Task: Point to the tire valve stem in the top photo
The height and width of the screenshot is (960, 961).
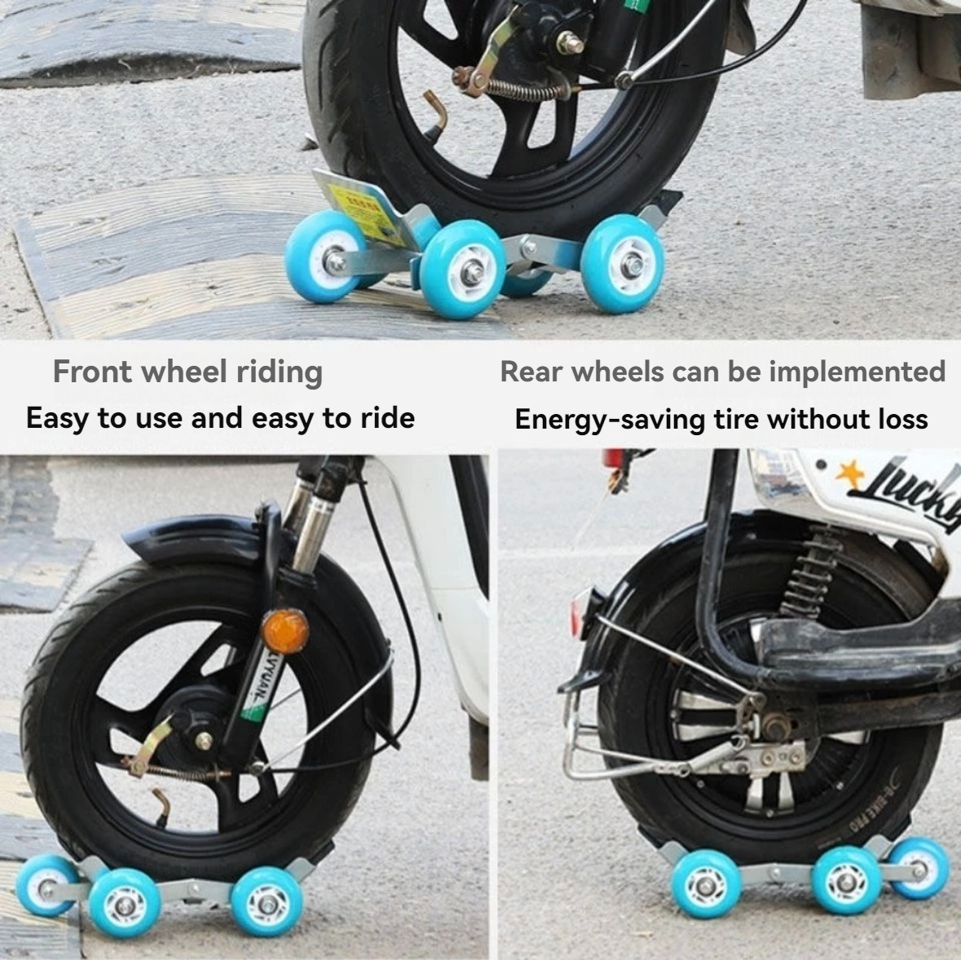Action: point(438,114)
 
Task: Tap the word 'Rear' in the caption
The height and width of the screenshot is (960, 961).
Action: point(531,372)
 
